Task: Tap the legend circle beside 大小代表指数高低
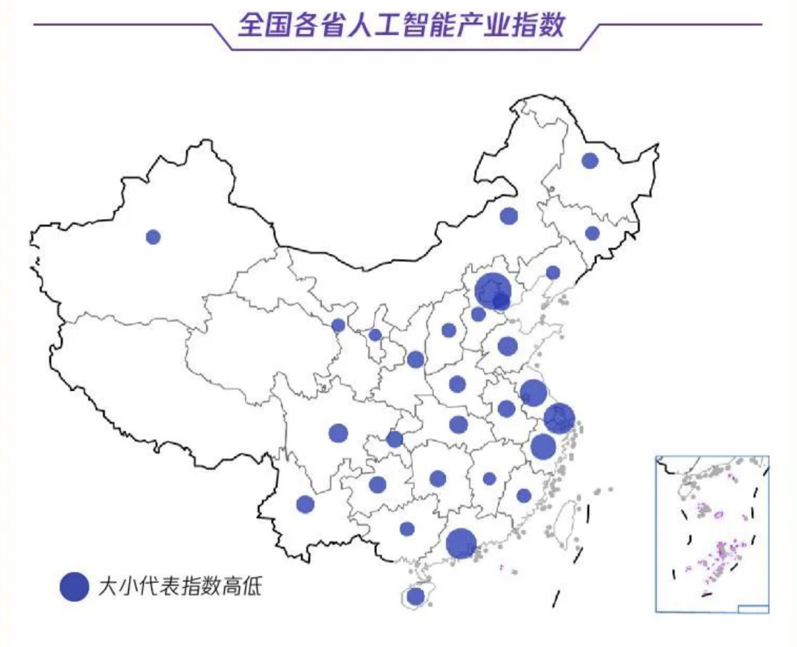click(74, 587)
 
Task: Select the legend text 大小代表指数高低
click(180, 587)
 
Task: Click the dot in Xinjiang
click(153, 237)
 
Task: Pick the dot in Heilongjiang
click(589, 160)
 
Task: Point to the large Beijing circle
click(491, 290)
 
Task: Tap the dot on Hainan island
click(415, 595)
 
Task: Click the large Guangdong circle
click(461, 543)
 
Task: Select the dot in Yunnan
click(305, 504)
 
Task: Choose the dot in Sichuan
click(338, 433)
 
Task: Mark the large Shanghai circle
click(559, 418)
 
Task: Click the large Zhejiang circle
click(542, 446)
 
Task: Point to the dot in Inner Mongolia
click(508, 215)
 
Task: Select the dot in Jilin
click(592, 233)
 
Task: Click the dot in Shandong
click(507, 345)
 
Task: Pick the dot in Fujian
click(523, 495)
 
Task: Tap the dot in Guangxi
click(407, 528)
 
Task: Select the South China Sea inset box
click(712, 533)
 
